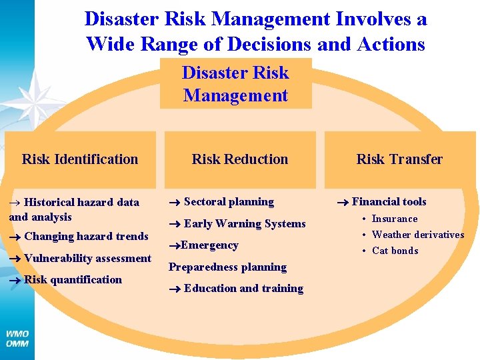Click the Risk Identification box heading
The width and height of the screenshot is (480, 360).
(80, 159)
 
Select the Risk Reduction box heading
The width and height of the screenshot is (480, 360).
(240, 159)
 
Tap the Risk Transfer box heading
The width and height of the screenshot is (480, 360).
(399, 159)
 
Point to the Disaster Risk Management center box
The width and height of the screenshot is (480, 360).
(235, 84)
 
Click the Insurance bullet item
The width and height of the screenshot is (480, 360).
(394, 219)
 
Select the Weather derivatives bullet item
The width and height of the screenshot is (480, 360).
(417, 235)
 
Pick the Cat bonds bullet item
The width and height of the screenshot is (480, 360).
(395, 251)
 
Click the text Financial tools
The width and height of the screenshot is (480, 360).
(389, 201)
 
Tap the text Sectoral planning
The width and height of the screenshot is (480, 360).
(229, 201)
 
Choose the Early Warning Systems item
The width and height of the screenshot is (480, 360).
(244, 223)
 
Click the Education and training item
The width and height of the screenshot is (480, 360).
(243, 288)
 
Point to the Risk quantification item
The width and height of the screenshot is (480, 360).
(73, 279)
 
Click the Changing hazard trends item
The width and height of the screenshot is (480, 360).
(86, 236)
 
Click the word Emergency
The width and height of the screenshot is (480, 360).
(209, 245)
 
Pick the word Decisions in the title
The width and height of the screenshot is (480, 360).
(269, 44)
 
